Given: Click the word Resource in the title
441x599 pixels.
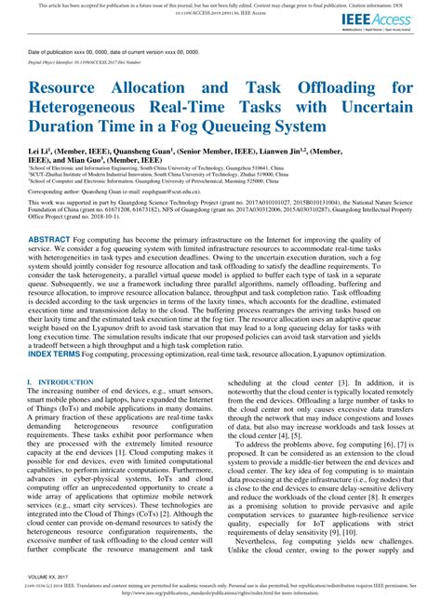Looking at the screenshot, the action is (72, 87).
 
